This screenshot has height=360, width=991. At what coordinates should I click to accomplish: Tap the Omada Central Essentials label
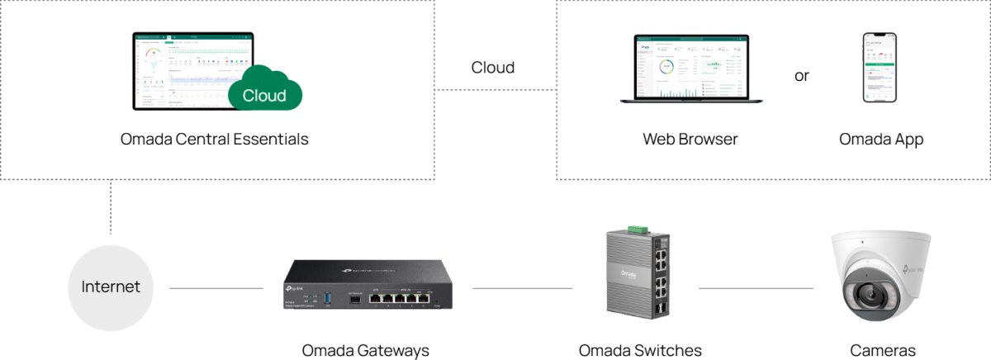214,140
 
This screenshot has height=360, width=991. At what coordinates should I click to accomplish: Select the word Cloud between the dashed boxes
493,68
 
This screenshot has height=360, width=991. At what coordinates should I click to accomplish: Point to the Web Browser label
690,140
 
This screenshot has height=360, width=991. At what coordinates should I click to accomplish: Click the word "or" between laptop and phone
802,76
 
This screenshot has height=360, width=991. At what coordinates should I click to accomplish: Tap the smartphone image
880,69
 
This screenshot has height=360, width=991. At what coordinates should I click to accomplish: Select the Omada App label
881,140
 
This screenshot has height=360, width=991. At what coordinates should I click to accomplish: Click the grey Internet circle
111,287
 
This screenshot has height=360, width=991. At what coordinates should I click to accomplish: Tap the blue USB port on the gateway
328,297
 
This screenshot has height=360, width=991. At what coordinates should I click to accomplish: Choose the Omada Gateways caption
366,350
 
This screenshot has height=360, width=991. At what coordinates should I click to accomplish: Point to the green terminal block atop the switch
635,228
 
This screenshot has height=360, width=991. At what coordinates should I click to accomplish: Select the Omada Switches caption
640,350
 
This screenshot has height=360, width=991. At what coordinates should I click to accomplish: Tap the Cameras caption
883,350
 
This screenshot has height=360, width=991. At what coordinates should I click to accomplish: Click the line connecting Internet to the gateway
216,288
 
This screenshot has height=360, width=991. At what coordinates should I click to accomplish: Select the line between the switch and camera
756,288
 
